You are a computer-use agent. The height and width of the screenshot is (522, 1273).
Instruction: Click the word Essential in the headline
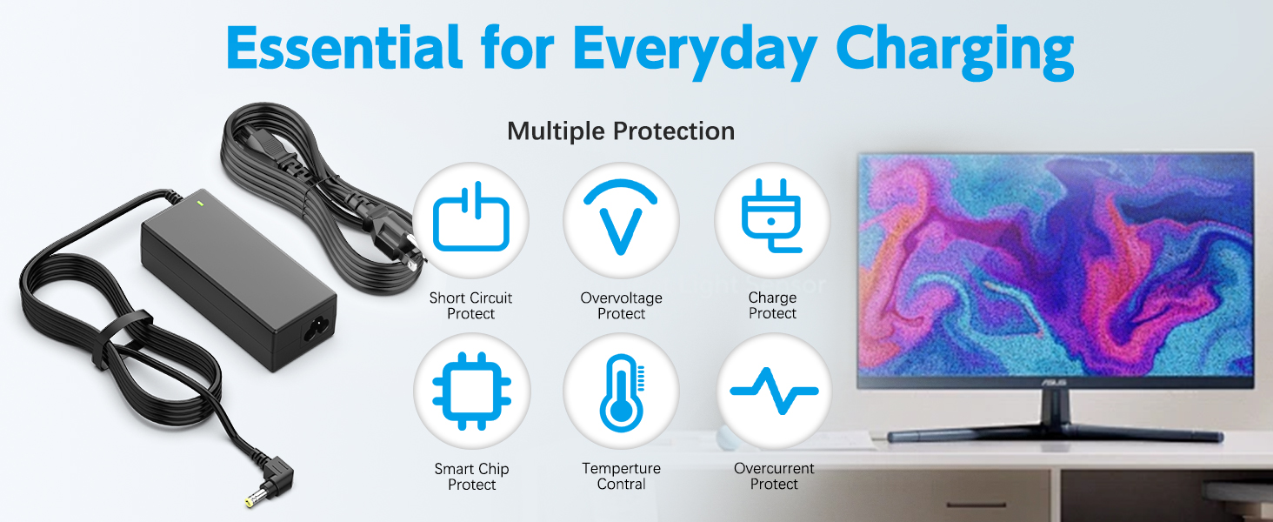tap(343, 48)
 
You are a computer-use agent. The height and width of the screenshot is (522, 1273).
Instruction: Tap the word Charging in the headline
tap(954, 51)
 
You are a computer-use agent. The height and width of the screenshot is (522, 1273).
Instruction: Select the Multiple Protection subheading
tap(621, 131)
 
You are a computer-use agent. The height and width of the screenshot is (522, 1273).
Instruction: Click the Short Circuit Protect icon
tap(471, 217)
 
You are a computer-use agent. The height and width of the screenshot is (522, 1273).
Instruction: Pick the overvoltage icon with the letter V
tap(621, 216)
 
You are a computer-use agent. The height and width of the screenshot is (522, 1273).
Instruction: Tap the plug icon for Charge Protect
tap(771, 216)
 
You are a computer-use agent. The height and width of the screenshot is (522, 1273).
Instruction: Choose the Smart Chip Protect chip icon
tap(471, 391)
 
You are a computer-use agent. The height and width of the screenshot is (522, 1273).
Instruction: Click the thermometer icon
tap(622, 393)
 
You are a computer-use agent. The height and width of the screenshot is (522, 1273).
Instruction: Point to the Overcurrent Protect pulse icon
tap(774, 391)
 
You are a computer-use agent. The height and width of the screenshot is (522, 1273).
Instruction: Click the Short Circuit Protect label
tap(470, 305)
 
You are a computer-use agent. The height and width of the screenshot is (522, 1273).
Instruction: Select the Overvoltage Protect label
tap(621, 305)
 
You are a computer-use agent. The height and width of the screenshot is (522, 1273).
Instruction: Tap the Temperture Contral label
tap(621, 476)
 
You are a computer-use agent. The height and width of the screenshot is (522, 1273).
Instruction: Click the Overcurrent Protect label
tap(774, 476)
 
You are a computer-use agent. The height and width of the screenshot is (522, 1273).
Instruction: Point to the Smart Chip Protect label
tap(471, 477)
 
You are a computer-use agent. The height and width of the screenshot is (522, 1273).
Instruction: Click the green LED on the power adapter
tap(200, 203)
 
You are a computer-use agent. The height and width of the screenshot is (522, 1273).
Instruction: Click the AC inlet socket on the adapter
tap(317, 327)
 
